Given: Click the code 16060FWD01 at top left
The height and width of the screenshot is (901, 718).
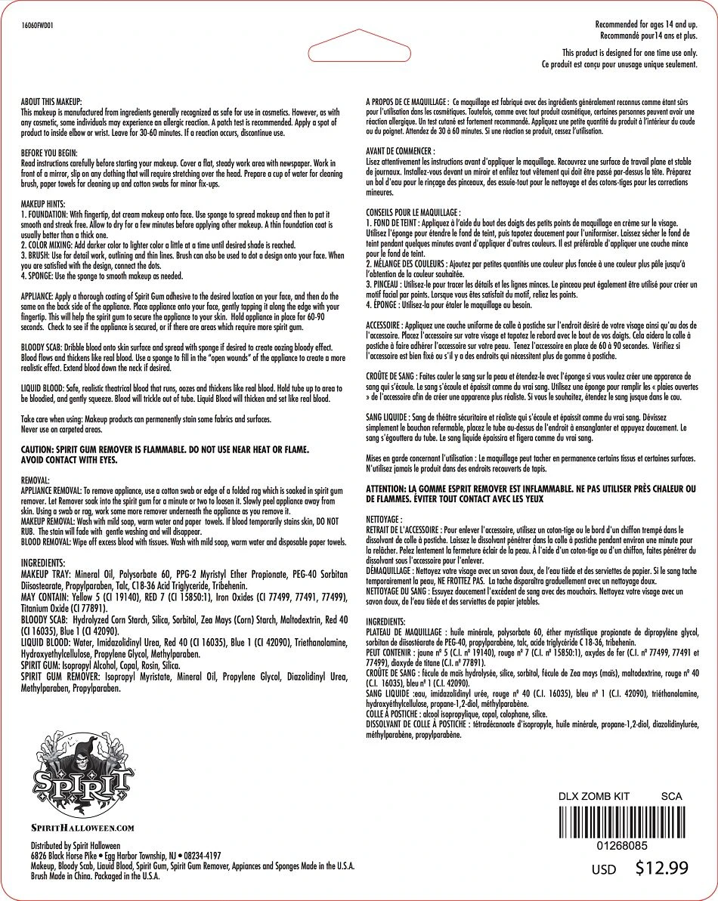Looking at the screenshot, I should pyautogui.click(x=38, y=24).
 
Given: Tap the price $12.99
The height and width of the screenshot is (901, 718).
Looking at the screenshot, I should pyautogui.click(x=662, y=868).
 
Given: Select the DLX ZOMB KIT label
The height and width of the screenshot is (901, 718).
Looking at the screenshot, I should pyautogui.click(x=593, y=796).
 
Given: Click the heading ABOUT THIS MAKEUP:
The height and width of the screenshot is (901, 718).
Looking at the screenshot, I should pyautogui.click(x=52, y=101).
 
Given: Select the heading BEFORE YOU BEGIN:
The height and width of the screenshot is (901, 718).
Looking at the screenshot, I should pyautogui.click(x=49, y=153).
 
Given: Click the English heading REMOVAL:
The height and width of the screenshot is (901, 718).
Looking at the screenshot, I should pyautogui.click(x=36, y=480).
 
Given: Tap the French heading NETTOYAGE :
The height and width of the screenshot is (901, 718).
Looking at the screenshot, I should pyautogui.click(x=384, y=520).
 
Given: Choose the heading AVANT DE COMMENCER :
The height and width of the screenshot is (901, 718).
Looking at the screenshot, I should pyautogui.click(x=400, y=151).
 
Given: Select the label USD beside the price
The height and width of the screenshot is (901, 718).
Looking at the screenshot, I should pyautogui.click(x=603, y=870).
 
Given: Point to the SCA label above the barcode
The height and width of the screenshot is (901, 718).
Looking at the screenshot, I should pyautogui.click(x=671, y=796).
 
